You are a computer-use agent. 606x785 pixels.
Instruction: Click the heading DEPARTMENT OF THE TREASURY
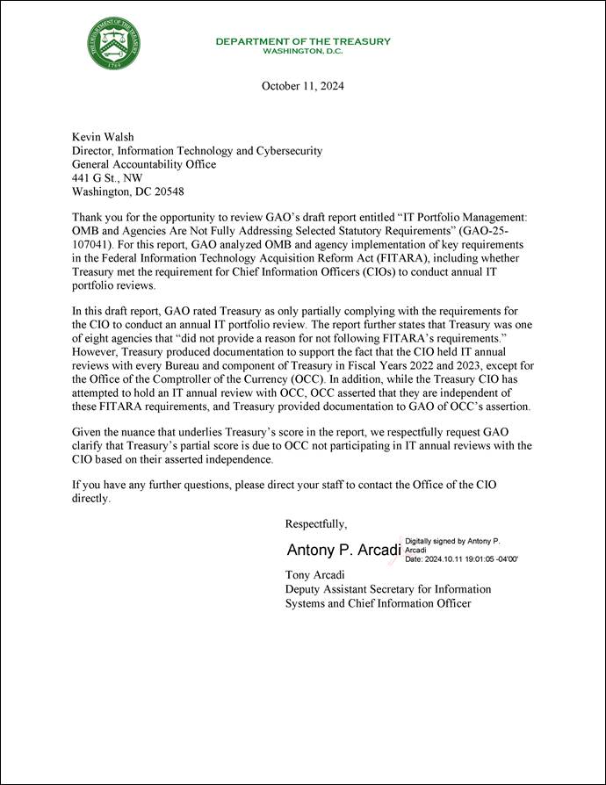[303, 41]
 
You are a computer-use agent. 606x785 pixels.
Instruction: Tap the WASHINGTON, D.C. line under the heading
[303, 51]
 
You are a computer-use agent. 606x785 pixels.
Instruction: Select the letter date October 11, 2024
[303, 86]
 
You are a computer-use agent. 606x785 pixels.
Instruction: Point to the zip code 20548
[165, 191]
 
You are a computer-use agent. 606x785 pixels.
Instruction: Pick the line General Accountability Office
[143, 164]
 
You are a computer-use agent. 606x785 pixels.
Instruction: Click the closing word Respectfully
[316, 524]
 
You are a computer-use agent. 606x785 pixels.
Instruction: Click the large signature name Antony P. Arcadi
[343, 551]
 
